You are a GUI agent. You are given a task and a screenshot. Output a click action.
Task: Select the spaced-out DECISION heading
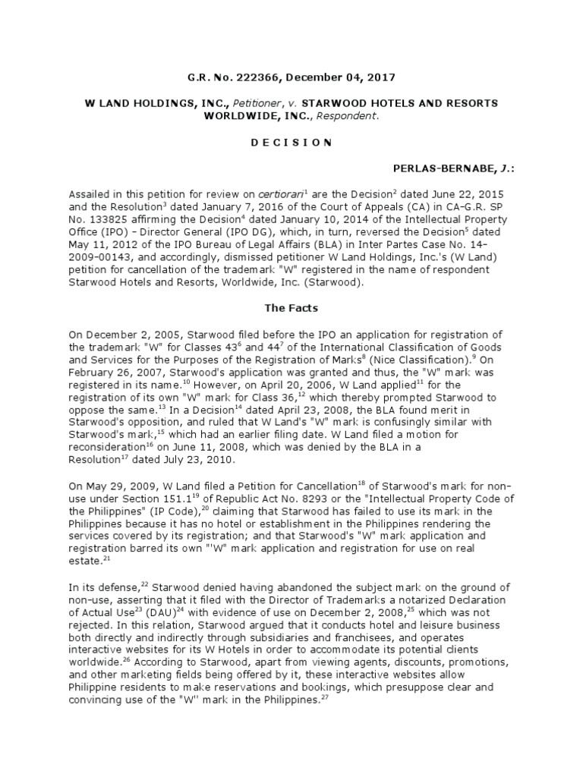click(291, 141)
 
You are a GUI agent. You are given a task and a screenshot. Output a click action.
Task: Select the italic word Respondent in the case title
click(349, 116)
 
